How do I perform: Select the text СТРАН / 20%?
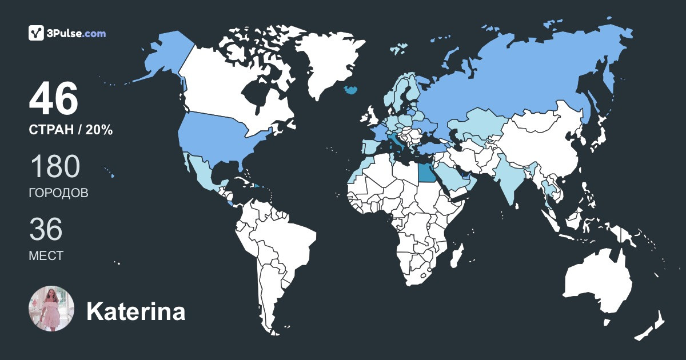click(70, 130)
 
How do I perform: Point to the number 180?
click(54, 167)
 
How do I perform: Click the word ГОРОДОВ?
click(58, 193)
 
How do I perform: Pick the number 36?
click(46, 229)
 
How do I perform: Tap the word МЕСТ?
click(46, 256)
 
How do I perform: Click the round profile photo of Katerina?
click(51, 309)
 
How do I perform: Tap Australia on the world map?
click(597, 286)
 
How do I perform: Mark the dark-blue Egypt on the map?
click(426, 172)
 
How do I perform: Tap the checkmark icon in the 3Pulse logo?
click(36, 33)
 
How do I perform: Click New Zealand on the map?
click(652, 326)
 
